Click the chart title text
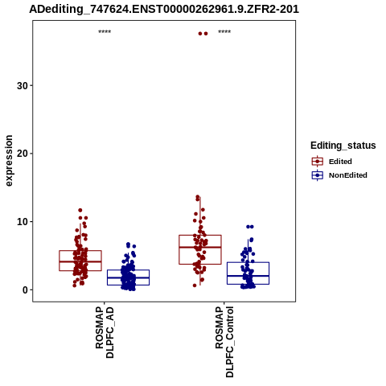pos(164,9)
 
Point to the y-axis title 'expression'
pos(9,161)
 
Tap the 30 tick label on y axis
pos(23,86)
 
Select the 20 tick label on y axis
pos(23,154)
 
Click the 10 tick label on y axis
pos(23,222)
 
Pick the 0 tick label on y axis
pos(25,289)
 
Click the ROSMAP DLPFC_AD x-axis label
pos(105,333)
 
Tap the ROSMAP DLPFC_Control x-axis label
pos(224,342)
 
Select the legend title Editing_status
pos(343,146)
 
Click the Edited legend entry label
pos(340,162)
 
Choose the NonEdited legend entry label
pos(348,175)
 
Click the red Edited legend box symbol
pos(318,162)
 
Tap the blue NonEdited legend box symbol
pos(318,175)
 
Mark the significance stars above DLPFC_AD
pos(105,32)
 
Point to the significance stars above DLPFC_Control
pos(224,32)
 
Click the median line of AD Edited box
pos(80,261)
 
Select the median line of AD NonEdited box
pos(128,277)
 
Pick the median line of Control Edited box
pos(200,247)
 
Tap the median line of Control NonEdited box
pos(248,276)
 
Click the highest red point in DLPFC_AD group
pos(80,210)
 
